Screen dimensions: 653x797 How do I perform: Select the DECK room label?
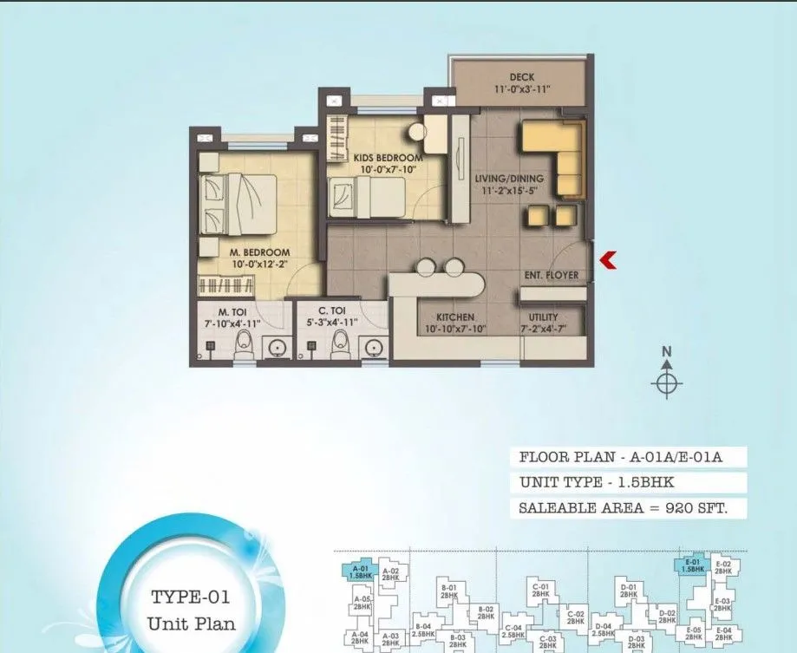(x=522, y=77)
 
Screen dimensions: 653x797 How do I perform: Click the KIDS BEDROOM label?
(x=376, y=157)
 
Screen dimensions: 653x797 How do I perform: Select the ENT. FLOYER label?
(x=551, y=276)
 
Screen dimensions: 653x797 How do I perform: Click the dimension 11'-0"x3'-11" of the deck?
(x=522, y=88)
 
